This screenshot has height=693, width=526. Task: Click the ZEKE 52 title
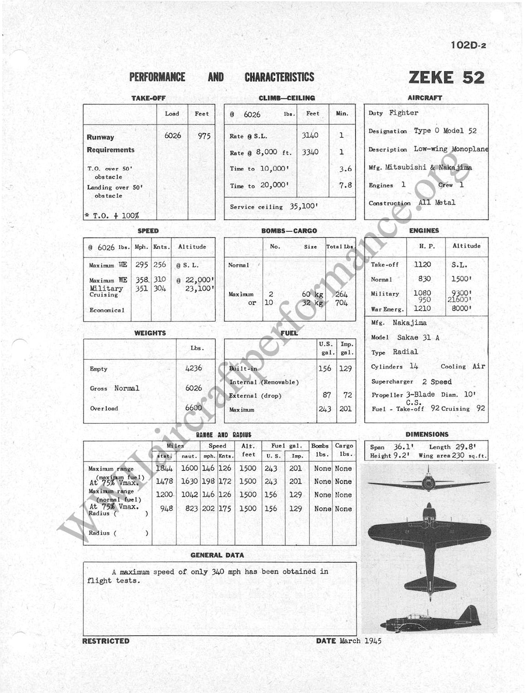click(446, 77)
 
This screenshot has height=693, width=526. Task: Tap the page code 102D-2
click(469, 45)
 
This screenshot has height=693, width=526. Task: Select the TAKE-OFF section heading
click(148, 98)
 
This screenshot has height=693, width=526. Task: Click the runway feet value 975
click(204, 136)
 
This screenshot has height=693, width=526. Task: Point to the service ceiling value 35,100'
click(304, 206)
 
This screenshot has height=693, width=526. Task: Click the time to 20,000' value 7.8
click(345, 185)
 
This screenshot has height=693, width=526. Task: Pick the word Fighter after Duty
click(404, 113)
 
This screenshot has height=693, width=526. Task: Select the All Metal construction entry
click(437, 203)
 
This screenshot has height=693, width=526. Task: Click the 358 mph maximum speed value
click(142, 280)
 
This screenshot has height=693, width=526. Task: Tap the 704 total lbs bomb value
click(341, 303)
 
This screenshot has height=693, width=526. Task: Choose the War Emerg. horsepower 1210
click(422, 309)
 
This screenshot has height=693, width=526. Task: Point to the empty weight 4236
click(193, 368)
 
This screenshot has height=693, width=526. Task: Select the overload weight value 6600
click(193, 408)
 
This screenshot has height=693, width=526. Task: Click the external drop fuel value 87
click(326, 395)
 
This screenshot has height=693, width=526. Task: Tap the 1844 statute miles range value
click(164, 469)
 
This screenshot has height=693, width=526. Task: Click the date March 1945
click(360, 641)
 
